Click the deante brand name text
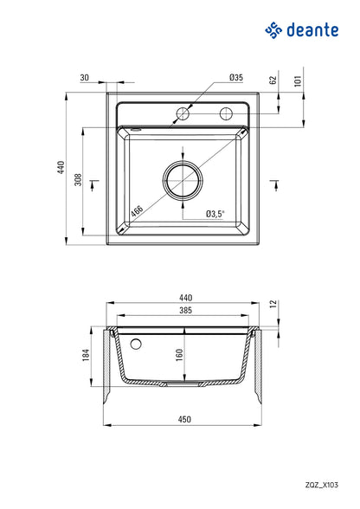click(313, 31)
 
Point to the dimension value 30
click(84, 78)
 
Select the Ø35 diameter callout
click(235, 78)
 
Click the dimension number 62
click(273, 81)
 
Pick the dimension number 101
click(299, 82)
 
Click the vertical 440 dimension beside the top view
click(61, 167)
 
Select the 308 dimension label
click(78, 180)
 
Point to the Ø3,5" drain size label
click(215, 214)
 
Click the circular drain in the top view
click(183, 180)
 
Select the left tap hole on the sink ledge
click(183, 113)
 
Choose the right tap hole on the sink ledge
click(228, 113)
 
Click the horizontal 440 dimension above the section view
click(184, 298)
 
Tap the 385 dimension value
click(184, 310)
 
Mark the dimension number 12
click(273, 304)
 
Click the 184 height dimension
click(85, 355)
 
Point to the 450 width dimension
click(184, 420)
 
